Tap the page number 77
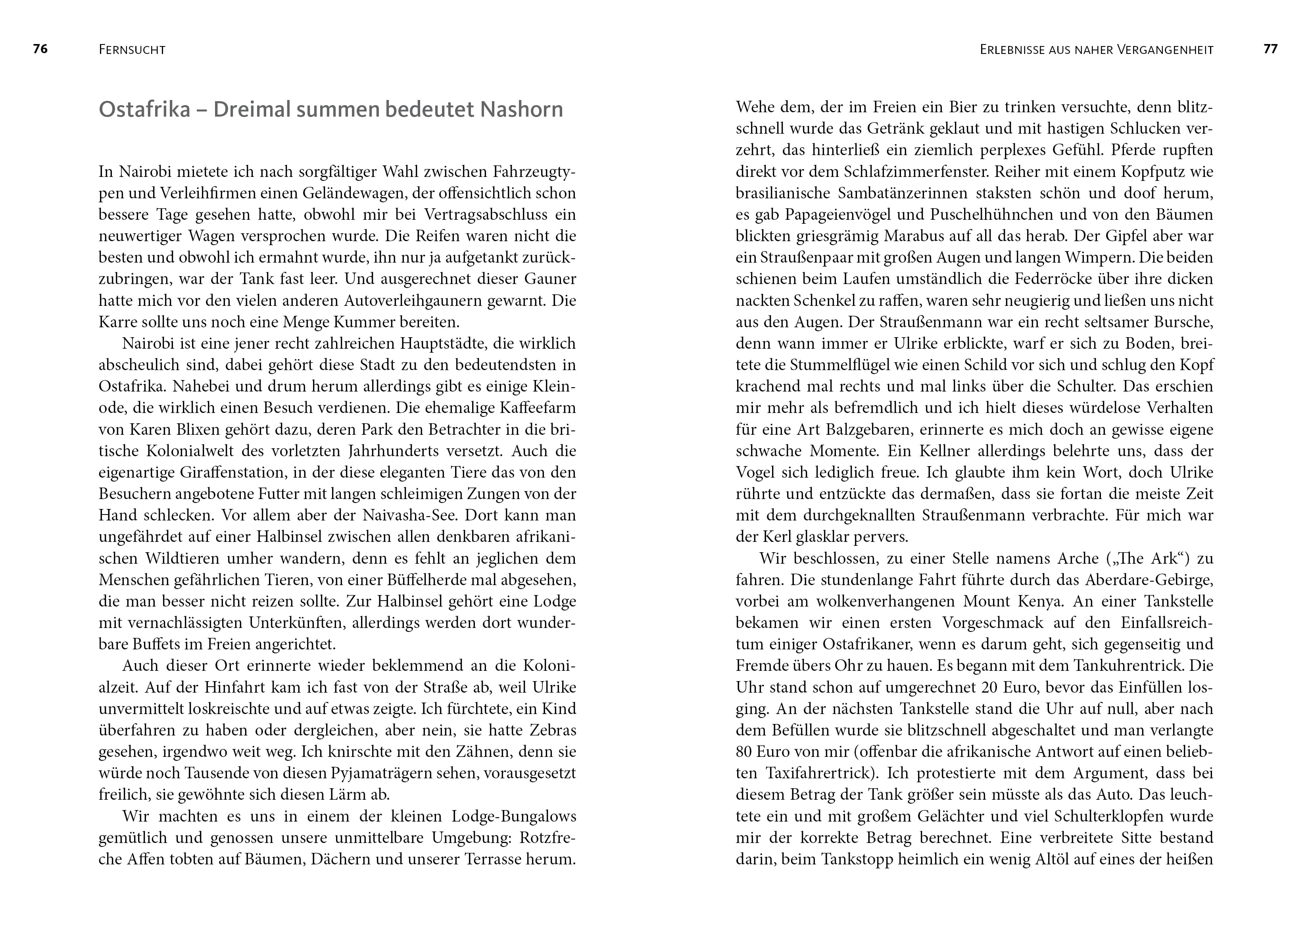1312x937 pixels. [1270, 49]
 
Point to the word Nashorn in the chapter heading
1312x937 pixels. [522, 109]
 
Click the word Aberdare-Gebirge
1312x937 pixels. [1149, 580]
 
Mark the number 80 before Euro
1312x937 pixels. [744, 752]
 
